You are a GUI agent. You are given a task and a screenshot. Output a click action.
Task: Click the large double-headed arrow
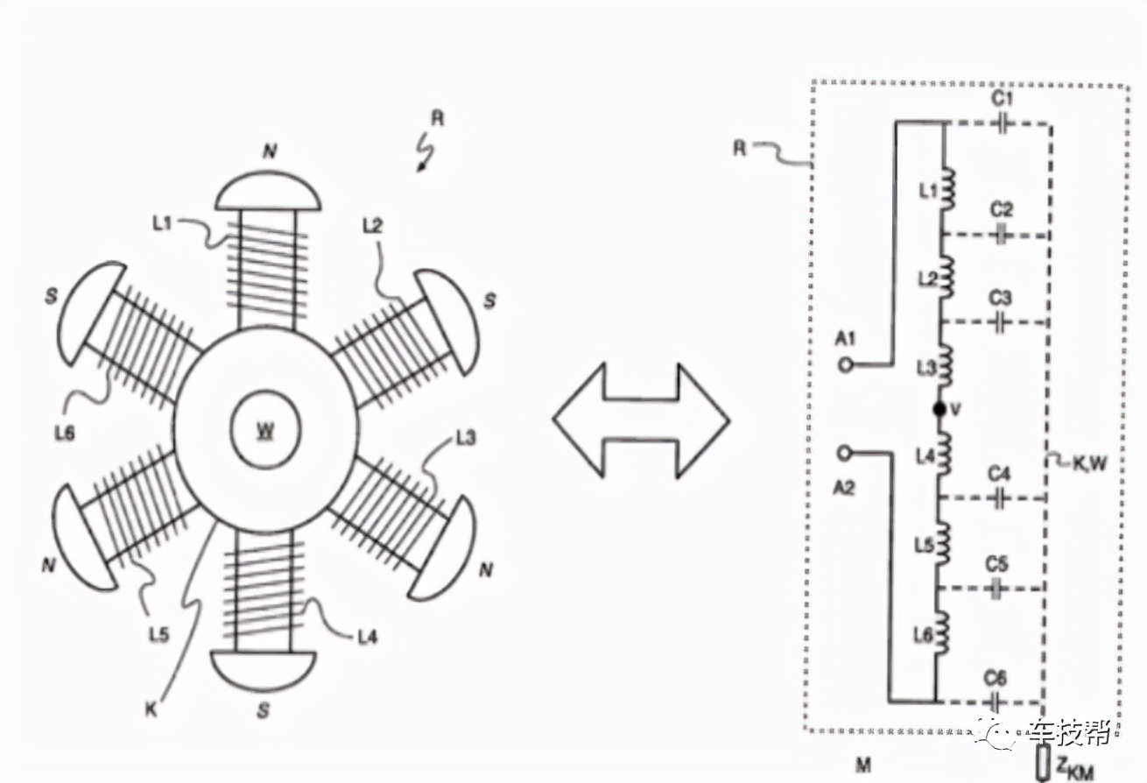641,420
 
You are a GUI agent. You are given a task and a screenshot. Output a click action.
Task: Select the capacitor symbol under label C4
1000,499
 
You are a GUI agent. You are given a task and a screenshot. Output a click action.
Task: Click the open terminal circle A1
845,365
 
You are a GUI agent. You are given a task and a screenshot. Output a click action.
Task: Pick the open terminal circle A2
845,452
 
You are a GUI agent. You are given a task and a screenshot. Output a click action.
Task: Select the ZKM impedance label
1073,767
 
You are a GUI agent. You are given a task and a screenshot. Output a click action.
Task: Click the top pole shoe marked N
269,193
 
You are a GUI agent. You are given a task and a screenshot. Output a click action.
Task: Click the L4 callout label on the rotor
367,637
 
